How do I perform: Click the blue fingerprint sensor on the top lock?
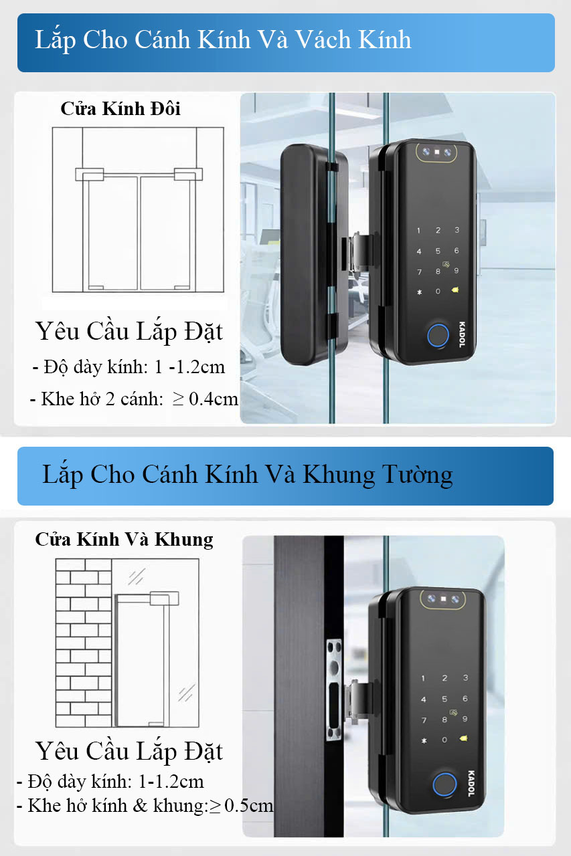pyautogui.click(x=437, y=336)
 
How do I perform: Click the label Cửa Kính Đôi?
pyautogui.click(x=120, y=109)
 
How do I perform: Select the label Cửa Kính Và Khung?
pyautogui.click(x=124, y=539)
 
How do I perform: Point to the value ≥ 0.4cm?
pyautogui.click(x=206, y=399)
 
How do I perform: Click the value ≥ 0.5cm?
pyautogui.click(x=242, y=805)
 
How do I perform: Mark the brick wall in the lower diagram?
pyautogui.click(x=84, y=642)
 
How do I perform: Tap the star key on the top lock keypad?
pyautogui.click(x=420, y=292)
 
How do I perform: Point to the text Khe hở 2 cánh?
pyautogui.click(x=102, y=399)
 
